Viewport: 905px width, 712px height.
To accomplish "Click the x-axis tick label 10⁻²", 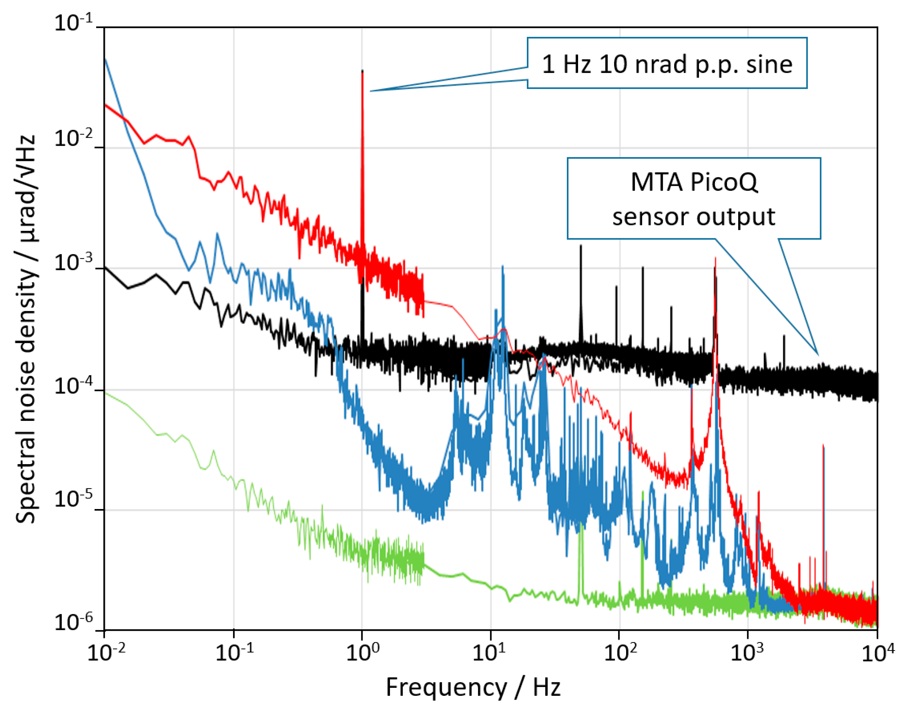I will (106, 653).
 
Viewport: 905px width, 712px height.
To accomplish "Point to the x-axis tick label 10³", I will (747, 653).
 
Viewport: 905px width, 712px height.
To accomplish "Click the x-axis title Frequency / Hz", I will (473, 688).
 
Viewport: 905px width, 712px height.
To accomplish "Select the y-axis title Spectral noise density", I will (26, 329).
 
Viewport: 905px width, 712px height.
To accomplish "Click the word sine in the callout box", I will (769, 65).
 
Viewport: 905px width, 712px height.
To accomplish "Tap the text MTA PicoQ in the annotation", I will (694, 182).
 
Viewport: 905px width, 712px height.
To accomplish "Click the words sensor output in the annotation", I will (694, 217).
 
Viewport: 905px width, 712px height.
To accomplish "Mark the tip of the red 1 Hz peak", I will (362, 72).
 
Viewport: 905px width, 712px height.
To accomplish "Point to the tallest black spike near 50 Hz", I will (581, 247).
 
